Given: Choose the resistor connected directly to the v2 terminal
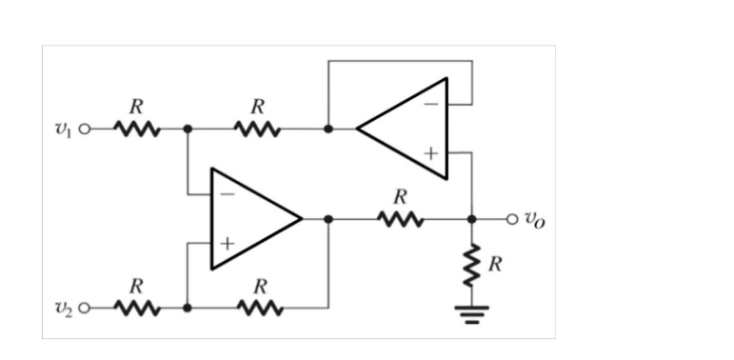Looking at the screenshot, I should coord(136,309).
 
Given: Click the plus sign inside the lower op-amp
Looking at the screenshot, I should coord(227,244).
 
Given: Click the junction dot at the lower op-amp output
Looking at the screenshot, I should coord(328,219).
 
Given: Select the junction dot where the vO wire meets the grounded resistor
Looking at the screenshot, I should coord(471,219).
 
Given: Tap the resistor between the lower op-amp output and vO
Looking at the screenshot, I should coord(400,219).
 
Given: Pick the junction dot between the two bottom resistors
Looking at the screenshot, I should coord(188,309).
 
